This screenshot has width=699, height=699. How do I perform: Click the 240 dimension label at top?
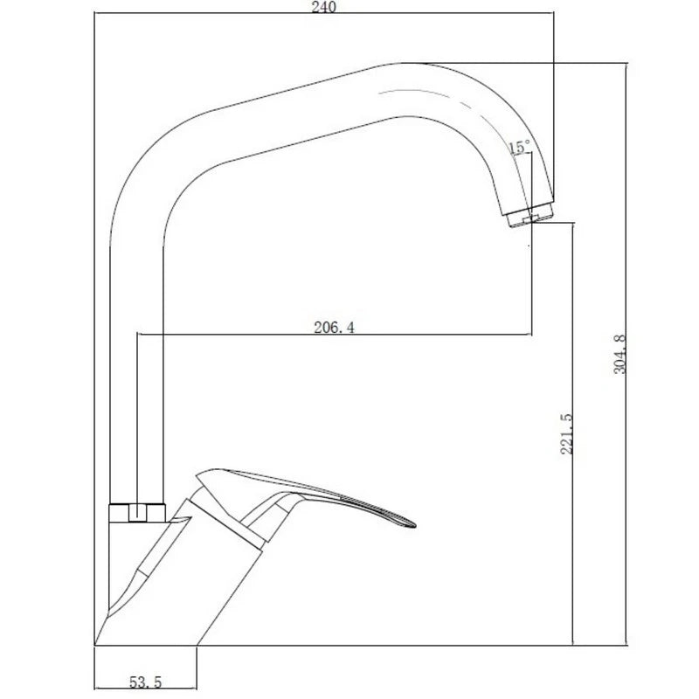pos(324,7)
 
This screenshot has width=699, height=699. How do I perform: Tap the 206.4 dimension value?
pos(335,327)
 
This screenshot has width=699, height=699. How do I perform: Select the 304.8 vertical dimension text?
pos(620,355)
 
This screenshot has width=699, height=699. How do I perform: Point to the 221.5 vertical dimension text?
pos(566,433)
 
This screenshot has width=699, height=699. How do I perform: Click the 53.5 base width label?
pos(145,682)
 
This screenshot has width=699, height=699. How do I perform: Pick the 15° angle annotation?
pos(520,146)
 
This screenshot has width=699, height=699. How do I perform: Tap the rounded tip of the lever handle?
pos(412,523)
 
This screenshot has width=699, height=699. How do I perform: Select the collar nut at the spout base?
pos(137,513)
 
